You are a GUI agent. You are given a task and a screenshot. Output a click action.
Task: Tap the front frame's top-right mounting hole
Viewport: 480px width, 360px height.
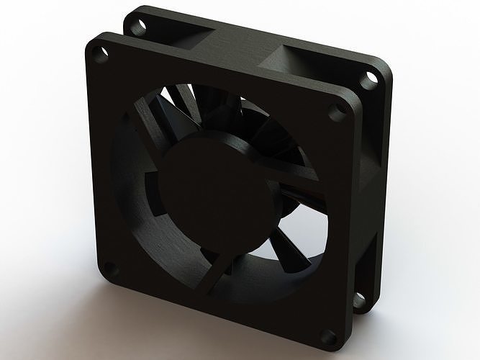[335, 112]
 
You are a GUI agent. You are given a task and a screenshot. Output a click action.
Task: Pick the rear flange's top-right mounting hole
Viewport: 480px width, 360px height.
[372, 78]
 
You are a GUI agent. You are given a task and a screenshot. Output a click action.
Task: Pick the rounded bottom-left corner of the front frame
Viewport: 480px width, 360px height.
[101, 277]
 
